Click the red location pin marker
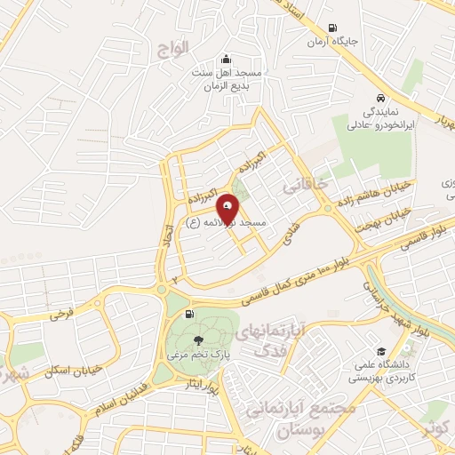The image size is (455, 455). (229, 209)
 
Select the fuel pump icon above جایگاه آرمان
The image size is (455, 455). (332, 28)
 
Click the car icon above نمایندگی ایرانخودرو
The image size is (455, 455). (379, 99)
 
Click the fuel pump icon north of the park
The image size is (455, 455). (188, 314)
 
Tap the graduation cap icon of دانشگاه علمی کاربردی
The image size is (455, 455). (381, 352)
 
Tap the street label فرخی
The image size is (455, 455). (60, 314)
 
